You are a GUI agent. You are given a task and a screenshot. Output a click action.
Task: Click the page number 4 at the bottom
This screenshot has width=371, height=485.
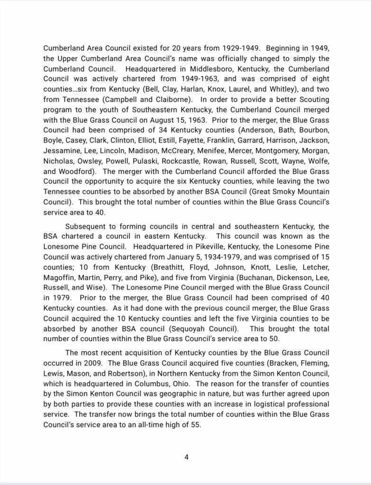tap(186, 457)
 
